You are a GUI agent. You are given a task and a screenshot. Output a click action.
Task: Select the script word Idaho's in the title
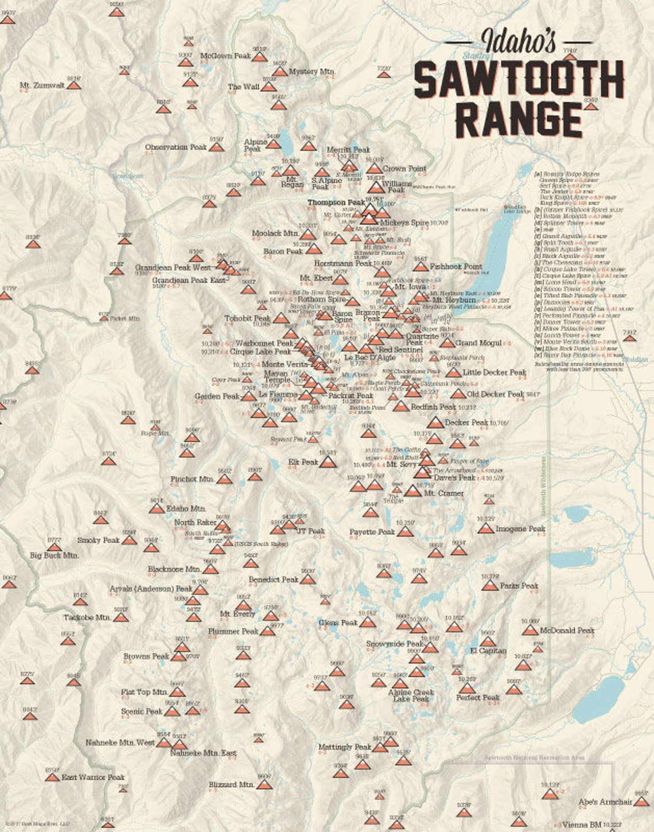519,41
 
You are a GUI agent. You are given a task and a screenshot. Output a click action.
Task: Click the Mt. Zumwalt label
42,85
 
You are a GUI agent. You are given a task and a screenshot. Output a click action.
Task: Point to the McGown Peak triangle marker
260,57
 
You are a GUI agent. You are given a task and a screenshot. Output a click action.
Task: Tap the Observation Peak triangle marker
216,147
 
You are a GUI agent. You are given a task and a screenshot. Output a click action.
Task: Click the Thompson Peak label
336,203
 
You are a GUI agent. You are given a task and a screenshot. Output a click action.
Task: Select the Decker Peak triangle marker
435,423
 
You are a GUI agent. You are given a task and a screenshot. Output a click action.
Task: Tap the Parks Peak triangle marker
489,586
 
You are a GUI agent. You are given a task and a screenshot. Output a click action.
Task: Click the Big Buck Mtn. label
54,555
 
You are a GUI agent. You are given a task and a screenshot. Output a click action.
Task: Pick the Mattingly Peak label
345,747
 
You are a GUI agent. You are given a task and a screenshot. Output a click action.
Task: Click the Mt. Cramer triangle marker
412,492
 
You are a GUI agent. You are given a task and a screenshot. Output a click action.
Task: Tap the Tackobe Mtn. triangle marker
120,618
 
